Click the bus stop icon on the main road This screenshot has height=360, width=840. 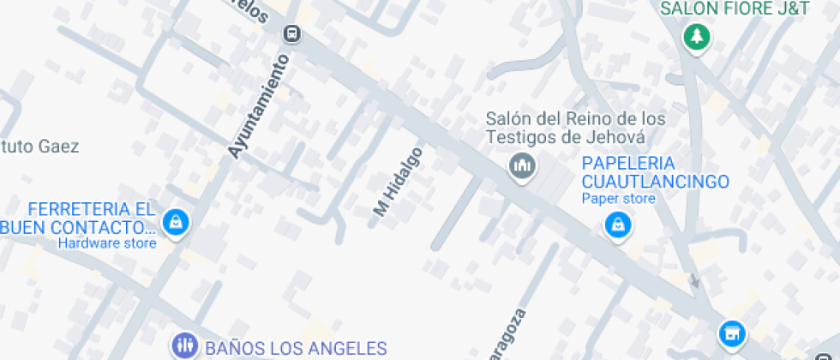point(292,33)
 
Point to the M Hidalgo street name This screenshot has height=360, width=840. point(398,181)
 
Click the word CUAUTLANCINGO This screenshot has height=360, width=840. point(655,182)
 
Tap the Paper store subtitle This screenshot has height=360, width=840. point(618,199)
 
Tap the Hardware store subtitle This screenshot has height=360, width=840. point(107,243)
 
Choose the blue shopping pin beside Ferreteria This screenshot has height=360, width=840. point(176,223)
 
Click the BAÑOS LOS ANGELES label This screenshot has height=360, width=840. point(295,348)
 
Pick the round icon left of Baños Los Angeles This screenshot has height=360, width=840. point(184,346)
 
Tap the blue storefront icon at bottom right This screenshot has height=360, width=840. point(731,333)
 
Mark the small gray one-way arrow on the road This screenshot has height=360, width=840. point(695,280)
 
